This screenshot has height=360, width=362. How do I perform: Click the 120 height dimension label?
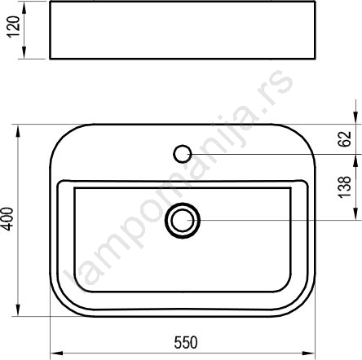pos(13,27)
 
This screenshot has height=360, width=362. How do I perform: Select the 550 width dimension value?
pos(186,343)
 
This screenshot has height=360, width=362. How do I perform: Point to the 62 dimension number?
pos(345,139)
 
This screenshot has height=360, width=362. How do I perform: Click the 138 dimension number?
pos(345,187)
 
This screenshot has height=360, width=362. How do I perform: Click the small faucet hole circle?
pos(183,154)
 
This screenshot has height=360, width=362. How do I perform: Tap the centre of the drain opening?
pos(183,220)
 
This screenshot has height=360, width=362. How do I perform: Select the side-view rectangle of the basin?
pos(183,30)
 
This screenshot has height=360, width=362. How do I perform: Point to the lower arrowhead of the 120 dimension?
pos(24,52)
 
